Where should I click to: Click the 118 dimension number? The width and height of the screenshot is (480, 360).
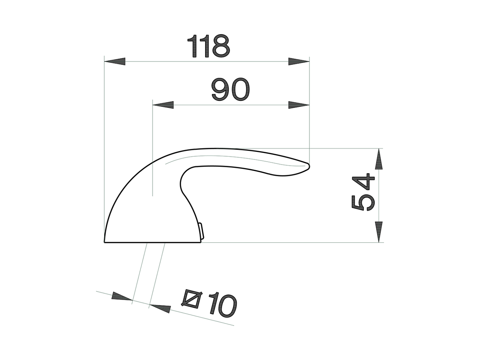208,46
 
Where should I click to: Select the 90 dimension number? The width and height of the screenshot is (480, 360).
230,89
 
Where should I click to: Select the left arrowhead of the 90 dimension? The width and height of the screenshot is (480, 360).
163,105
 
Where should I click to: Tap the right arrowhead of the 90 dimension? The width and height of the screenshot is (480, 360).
299,105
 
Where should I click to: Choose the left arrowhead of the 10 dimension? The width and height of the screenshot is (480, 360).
122,296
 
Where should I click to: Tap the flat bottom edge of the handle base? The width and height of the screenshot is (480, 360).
152,242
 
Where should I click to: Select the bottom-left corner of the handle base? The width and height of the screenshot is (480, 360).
104,242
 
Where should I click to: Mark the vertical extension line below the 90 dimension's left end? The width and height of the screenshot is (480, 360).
152,157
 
